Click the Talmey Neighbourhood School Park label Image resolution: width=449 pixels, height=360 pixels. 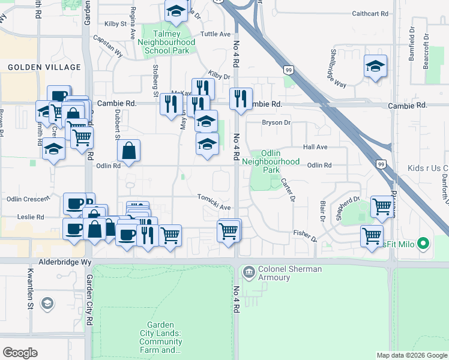(x=166, y=43)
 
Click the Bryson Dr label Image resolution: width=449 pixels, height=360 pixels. (x=276, y=123)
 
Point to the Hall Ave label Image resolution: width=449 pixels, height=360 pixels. (x=315, y=147)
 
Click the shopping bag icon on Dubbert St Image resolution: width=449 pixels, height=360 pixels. (x=129, y=151)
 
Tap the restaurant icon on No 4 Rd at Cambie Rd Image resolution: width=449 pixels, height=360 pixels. (x=241, y=98)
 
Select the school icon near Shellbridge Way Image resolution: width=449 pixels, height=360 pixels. (x=375, y=67)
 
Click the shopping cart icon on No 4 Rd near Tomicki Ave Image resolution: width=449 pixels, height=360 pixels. (x=229, y=230)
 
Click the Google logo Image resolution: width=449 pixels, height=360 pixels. (x=20, y=353)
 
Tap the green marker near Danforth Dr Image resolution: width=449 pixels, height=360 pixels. (x=423, y=244)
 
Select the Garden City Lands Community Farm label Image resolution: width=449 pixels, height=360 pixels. (x=160, y=337)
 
